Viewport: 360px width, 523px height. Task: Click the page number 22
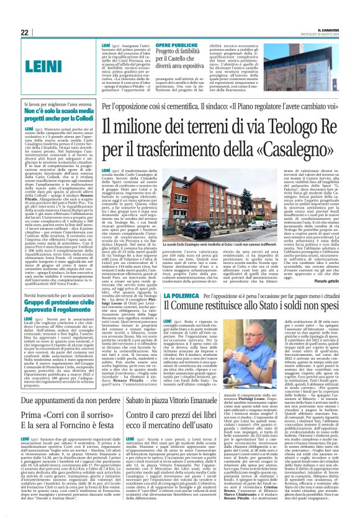pos(24,32)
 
